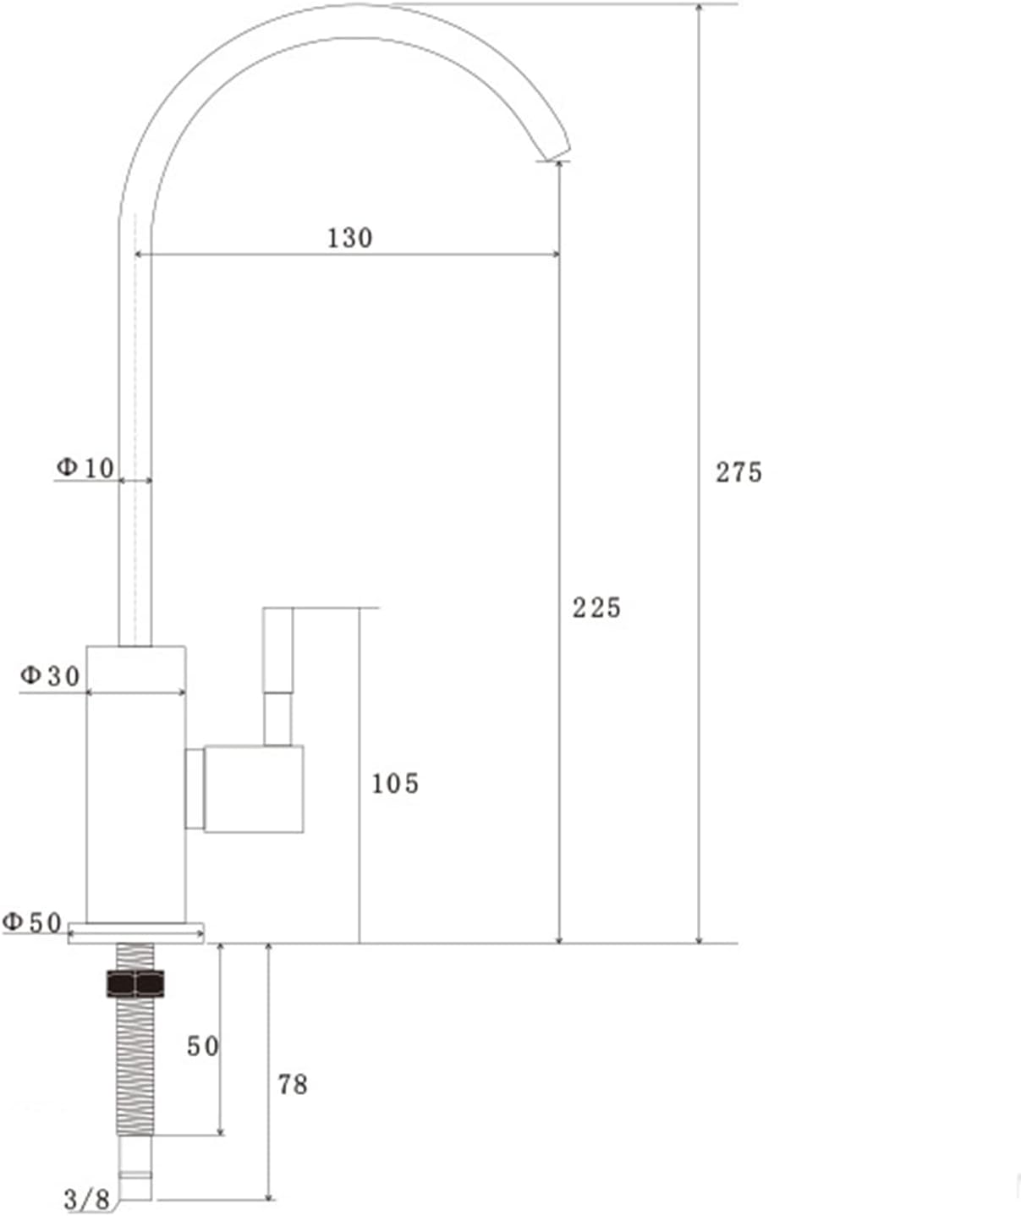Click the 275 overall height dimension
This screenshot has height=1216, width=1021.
coord(738,472)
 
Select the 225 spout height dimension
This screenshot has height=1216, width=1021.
coord(596,608)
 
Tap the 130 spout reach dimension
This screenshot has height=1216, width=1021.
coord(349,238)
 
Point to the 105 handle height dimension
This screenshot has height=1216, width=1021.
coord(395,784)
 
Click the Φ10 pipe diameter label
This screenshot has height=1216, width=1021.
coord(85,467)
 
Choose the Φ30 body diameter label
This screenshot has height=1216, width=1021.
coord(50,675)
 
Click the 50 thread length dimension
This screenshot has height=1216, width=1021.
coord(203,1047)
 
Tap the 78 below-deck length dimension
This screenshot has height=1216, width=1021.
coord(293,1084)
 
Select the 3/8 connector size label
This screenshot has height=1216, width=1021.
coord(86,1199)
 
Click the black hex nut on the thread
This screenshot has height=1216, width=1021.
coord(135,983)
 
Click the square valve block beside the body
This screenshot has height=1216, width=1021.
coord(253,789)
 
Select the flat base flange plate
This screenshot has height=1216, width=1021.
coord(135,933)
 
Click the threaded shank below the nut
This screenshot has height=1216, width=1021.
coord(135,1066)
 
